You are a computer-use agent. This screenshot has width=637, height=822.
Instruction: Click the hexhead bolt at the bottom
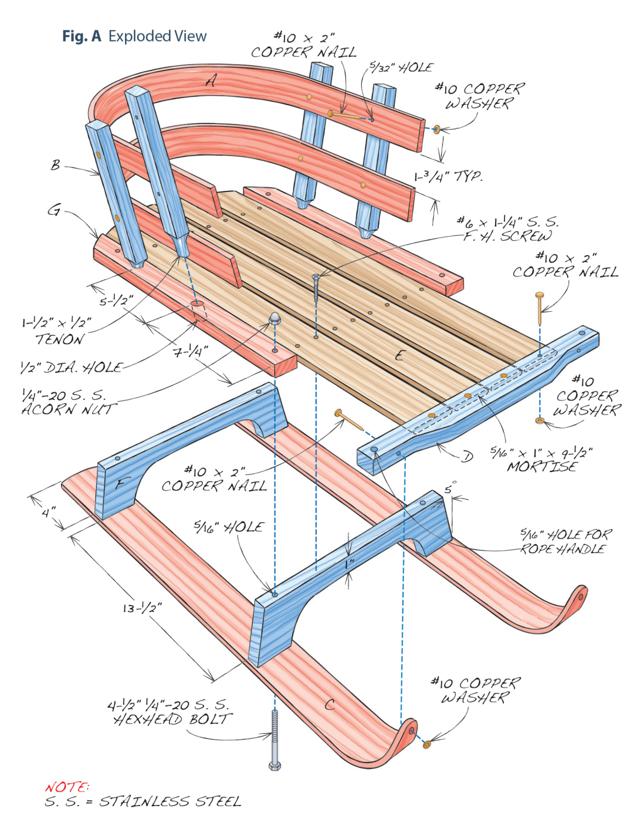click(274, 738)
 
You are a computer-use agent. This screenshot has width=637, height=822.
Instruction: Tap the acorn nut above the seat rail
click(274, 319)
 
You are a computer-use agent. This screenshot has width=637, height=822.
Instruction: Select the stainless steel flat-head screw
click(316, 287)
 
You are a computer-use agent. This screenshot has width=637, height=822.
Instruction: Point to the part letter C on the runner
click(330, 704)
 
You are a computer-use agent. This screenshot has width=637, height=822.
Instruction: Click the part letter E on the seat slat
click(400, 355)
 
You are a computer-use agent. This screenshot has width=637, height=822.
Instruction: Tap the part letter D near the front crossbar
click(467, 456)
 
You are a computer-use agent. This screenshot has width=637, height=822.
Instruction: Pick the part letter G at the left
click(54, 210)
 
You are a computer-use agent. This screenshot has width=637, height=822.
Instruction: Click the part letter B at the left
click(56, 165)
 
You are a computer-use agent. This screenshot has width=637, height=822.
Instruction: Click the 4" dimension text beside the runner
click(49, 512)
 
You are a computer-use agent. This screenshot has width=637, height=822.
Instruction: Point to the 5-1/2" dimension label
click(116, 300)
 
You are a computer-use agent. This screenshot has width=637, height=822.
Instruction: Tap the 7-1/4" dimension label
click(191, 352)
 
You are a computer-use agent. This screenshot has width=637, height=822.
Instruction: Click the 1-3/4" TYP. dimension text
click(448, 176)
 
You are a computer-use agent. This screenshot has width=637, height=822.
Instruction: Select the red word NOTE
click(67, 787)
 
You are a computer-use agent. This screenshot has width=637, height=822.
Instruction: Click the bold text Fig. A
click(82, 36)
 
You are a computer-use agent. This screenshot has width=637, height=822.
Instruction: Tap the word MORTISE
click(542, 467)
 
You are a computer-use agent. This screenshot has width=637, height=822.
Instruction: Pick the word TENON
click(59, 339)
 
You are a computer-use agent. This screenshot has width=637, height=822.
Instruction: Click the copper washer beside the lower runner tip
click(426, 744)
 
